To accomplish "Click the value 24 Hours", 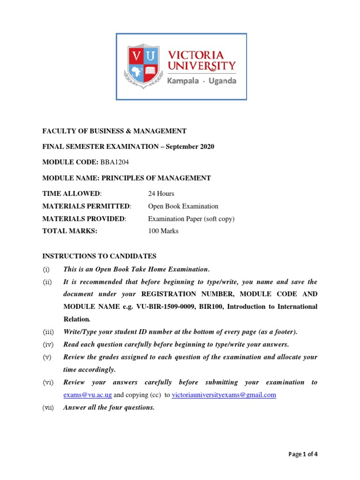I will point(161,194).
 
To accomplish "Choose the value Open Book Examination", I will point(183,206).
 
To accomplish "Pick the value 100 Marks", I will point(163,231).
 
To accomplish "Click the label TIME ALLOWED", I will point(71,194).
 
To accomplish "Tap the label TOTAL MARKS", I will point(70,231).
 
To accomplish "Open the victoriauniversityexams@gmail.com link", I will point(224,395).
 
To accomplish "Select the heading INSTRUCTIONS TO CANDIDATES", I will point(99,256).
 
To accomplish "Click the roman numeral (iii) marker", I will point(49,332).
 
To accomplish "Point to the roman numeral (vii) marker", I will point(49,408).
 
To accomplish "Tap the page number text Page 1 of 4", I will point(303,454).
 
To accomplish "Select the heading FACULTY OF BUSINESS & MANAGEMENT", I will point(114,131).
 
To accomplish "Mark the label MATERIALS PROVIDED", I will point(84,219).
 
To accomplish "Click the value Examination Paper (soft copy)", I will point(191,219).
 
